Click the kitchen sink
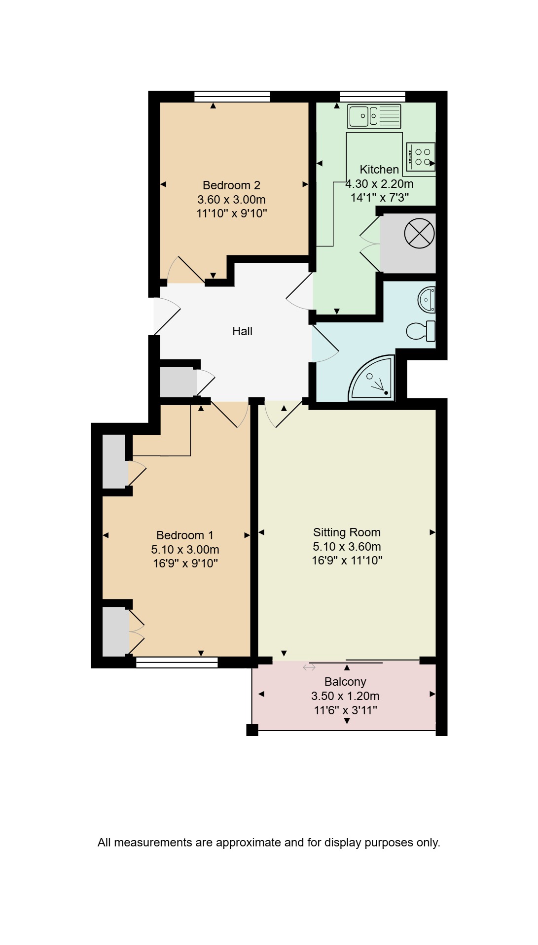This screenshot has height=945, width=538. click(x=374, y=116)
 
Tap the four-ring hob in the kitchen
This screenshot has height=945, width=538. click(x=421, y=157)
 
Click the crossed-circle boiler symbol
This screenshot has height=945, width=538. click(x=420, y=233)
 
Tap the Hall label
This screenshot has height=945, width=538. click(x=242, y=331)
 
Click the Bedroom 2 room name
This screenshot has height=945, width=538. click(x=231, y=185)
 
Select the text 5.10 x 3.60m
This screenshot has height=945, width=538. click(x=347, y=546)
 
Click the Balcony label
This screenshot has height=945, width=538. click(x=345, y=682)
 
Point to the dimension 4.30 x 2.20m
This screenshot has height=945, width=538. click(x=379, y=184)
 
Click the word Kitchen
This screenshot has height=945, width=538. click(x=379, y=170)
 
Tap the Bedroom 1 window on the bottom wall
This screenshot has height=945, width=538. click(x=177, y=662)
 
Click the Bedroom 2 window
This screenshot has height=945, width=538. click(x=232, y=96)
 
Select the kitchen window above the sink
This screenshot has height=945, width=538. click(x=372, y=96)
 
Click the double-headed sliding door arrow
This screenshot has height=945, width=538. click(x=309, y=667)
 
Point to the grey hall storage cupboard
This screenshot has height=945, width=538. click(x=179, y=382)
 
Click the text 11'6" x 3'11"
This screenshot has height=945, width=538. click(x=345, y=710)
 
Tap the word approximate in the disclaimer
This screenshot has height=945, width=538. click(x=249, y=843)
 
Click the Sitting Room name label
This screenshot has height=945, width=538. click(x=347, y=532)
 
